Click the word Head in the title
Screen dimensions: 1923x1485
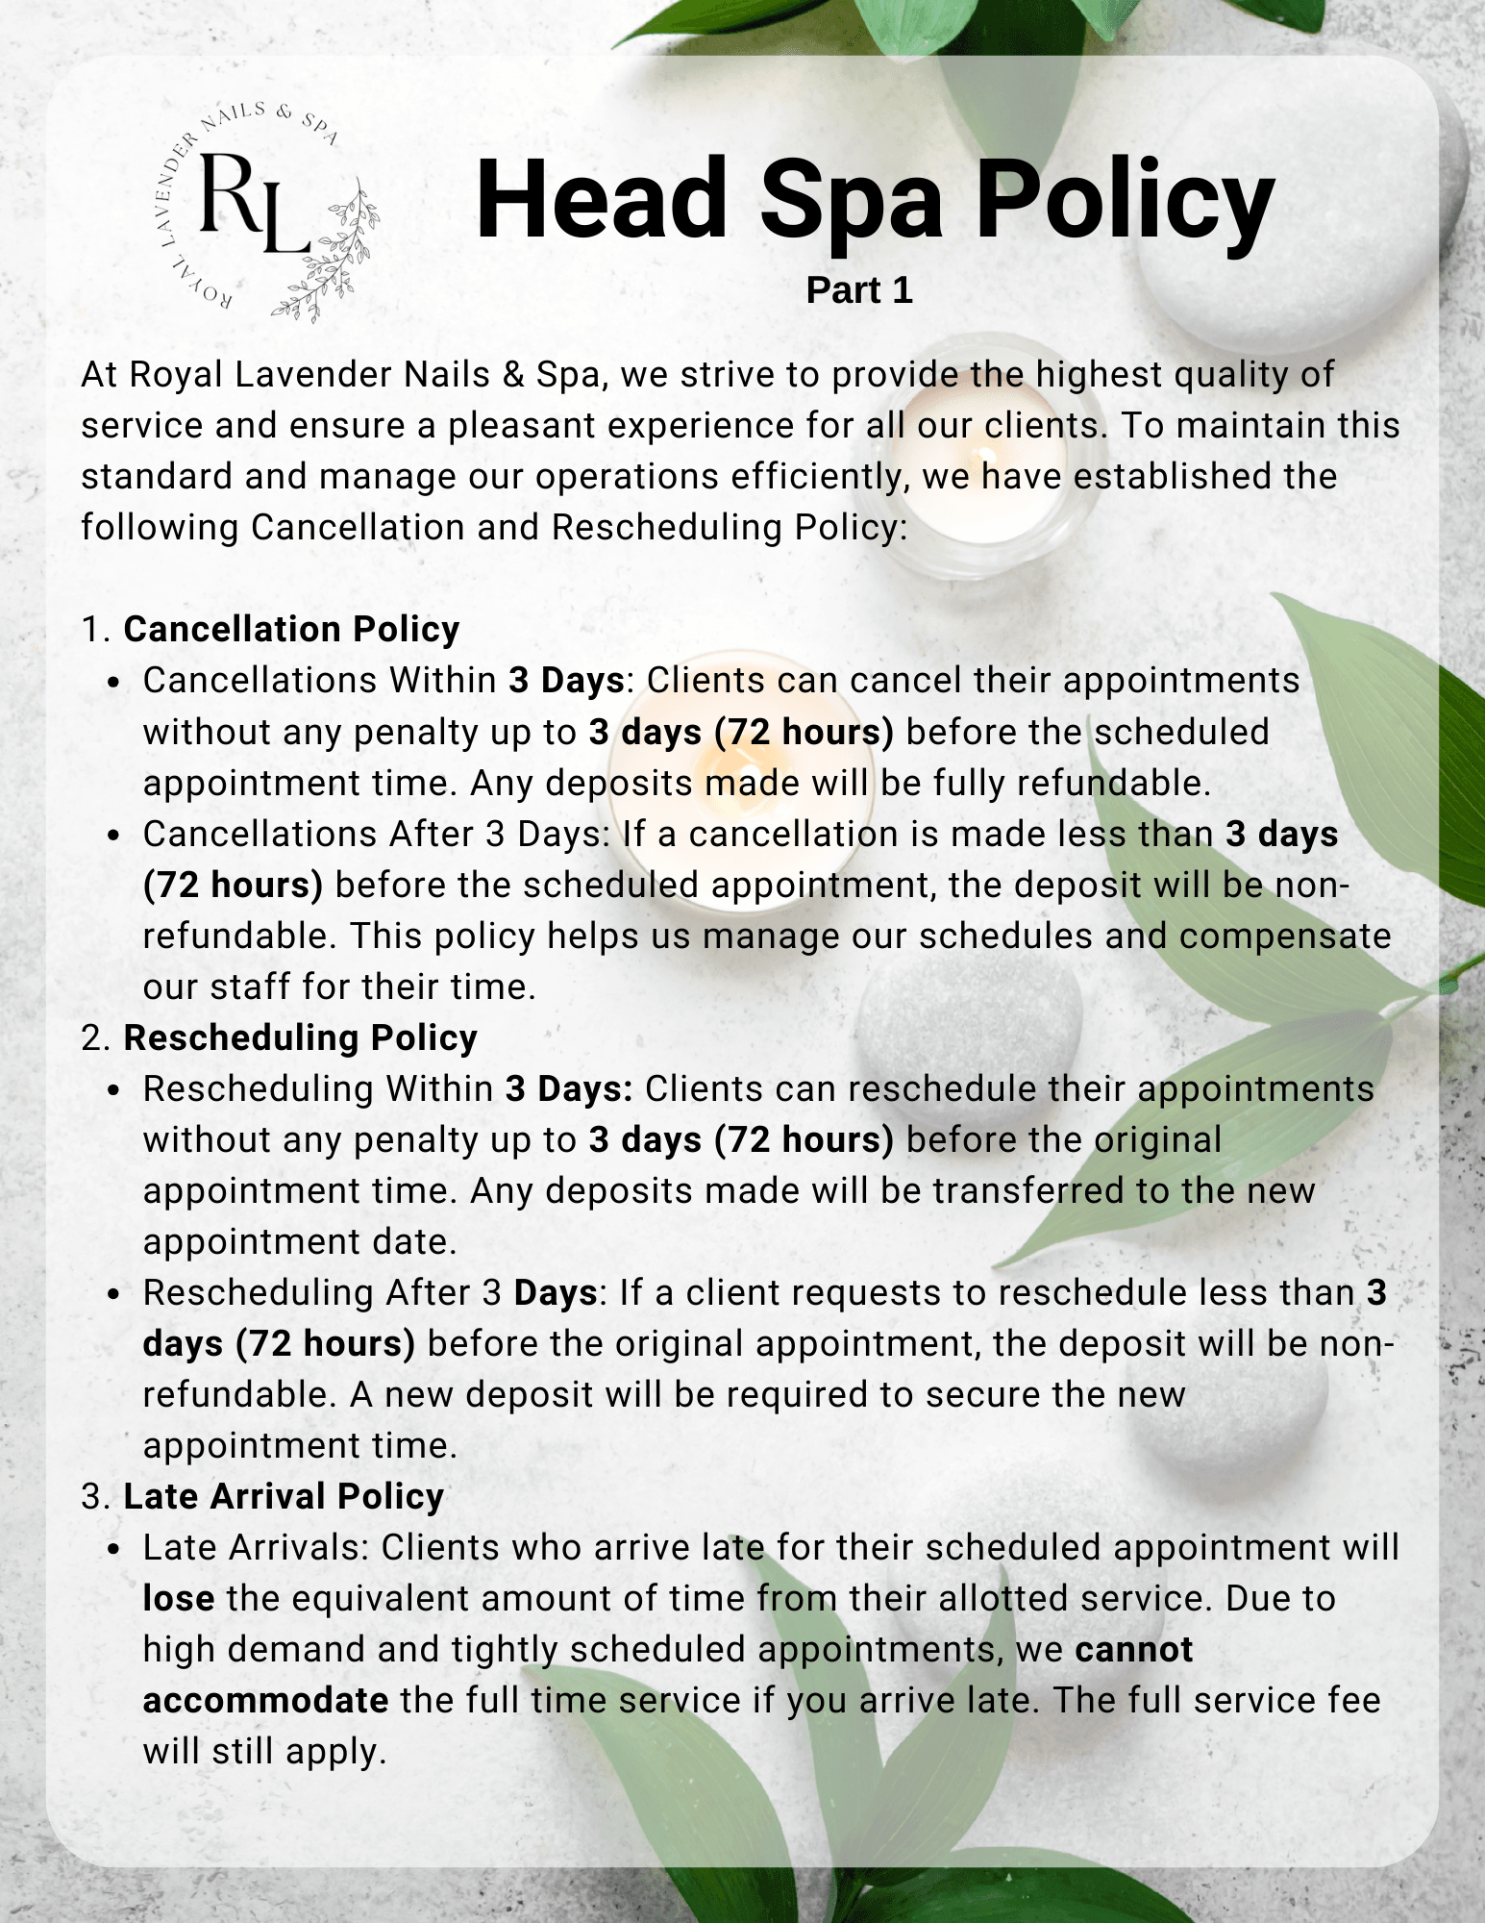pos(602,199)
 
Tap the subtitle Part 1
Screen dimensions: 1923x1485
pos(858,290)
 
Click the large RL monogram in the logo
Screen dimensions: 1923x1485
pos(253,204)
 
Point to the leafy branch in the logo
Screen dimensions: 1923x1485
pos(332,255)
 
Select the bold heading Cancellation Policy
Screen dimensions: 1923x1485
pos(291,629)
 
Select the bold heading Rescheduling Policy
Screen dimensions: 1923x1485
pos(300,1037)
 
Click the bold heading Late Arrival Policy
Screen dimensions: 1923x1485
pos(284,1496)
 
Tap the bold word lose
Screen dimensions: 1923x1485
pos(179,1598)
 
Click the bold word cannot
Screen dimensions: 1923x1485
pos(1133,1649)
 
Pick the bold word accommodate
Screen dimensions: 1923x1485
pos(265,1700)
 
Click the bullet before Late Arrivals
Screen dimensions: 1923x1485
pos(113,1549)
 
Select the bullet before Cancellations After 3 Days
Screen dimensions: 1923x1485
pos(113,835)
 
